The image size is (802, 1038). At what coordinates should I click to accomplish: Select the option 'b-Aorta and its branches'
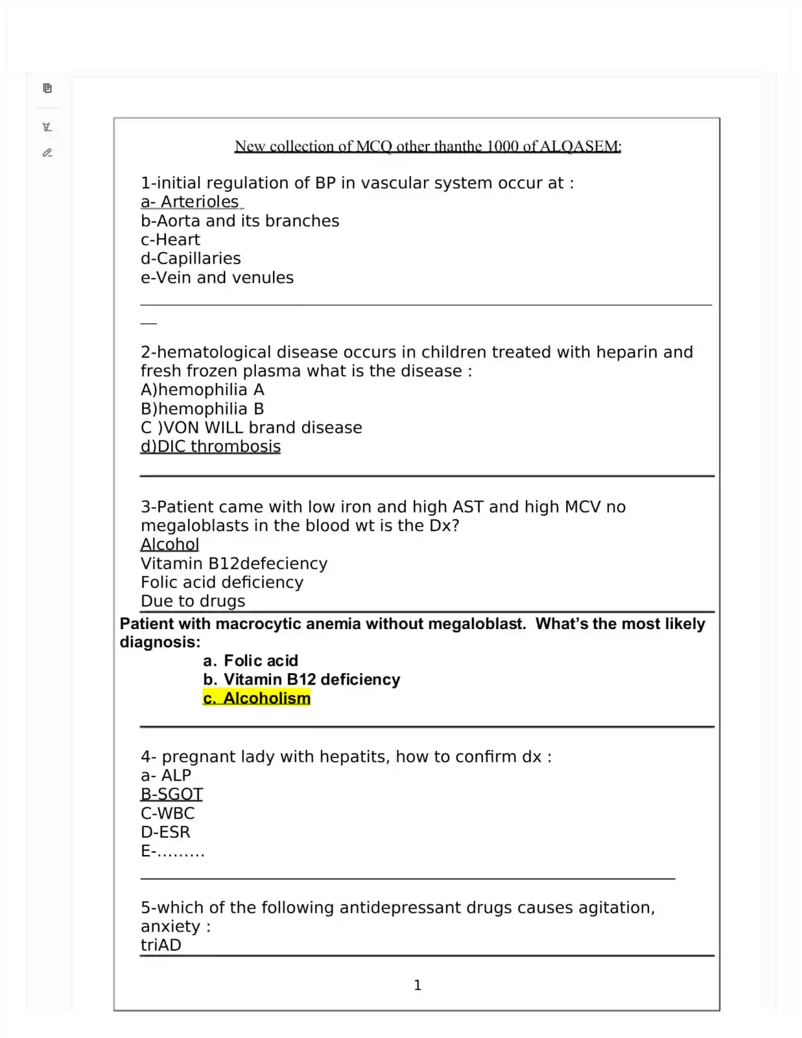(x=240, y=221)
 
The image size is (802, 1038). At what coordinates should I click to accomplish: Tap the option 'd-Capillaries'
(x=191, y=259)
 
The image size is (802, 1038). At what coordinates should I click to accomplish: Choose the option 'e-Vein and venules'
(x=217, y=277)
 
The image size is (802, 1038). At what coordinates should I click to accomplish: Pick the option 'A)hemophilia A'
(x=202, y=390)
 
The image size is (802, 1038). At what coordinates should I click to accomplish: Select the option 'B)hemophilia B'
(x=202, y=409)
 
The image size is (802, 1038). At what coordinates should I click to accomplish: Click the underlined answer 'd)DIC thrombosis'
(x=211, y=447)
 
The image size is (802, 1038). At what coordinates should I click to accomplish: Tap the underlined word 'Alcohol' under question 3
(x=170, y=545)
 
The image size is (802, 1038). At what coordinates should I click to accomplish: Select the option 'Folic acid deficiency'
(x=221, y=583)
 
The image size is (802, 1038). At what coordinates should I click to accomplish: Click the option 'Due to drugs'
(x=192, y=601)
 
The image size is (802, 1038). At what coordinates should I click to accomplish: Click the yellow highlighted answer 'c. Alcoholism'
(x=257, y=698)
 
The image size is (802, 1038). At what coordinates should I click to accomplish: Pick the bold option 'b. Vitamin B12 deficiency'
(x=301, y=679)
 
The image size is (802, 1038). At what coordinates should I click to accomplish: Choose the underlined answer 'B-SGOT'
(x=172, y=795)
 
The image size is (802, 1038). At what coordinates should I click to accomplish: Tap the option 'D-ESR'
(x=165, y=832)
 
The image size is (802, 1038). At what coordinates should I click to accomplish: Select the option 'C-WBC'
(x=168, y=813)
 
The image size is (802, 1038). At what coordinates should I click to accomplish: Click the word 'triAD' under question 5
(x=161, y=946)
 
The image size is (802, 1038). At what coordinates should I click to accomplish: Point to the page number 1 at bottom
(x=417, y=985)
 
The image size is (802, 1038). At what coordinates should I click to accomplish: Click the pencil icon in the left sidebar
(x=47, y=153)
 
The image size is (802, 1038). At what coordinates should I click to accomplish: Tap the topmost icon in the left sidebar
(x=47, y=88)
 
